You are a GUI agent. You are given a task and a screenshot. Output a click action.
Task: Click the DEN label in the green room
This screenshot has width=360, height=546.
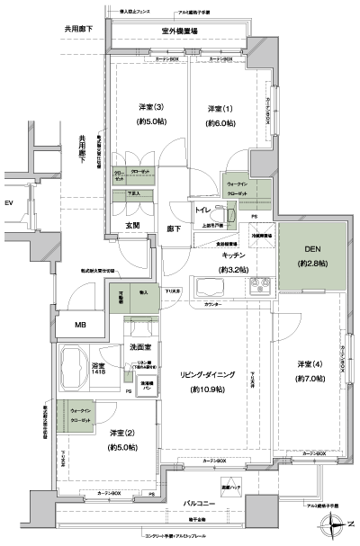pyautogui.click(x=310, y=250)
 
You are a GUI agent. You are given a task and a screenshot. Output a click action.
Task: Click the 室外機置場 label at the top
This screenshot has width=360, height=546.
pyautogui.click(x=179, y=31)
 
